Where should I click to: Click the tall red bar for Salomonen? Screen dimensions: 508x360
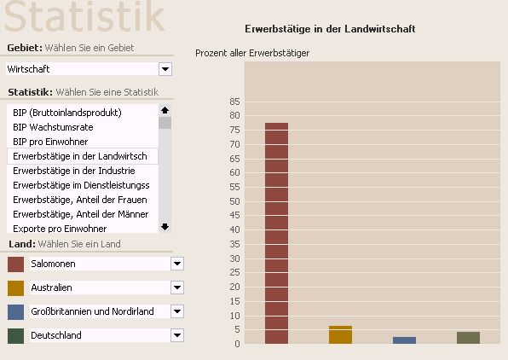coord(276,233)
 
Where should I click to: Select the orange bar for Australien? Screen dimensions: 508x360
coord(340,334)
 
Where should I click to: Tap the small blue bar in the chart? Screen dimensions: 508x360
coord(404,340)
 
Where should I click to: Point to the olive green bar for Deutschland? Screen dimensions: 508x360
coord(468,338)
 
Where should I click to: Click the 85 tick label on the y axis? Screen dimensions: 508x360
coord(234,102)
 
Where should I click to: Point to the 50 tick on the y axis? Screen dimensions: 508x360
coord(234,201)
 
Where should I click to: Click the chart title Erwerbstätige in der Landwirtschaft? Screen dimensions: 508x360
coord(330,29)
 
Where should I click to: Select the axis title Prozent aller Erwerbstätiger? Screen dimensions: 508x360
coord(252,53)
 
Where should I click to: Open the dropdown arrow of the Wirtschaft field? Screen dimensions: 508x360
coord(165,69)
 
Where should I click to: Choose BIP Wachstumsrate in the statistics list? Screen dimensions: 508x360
coord(53,127)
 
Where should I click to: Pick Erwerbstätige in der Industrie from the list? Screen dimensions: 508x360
coord(74,171)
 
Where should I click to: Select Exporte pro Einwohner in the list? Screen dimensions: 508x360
coord(60,229)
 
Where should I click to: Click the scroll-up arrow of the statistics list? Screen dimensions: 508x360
coord(165,110)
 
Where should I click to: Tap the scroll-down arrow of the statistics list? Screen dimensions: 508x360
coord(165,227)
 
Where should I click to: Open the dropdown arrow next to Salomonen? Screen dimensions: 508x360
coord(177,264)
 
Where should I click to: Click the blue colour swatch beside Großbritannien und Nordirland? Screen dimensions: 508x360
coord(15,312)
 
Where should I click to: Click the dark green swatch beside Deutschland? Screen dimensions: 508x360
coord(15,335)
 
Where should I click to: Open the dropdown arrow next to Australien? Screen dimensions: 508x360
coord(177,287)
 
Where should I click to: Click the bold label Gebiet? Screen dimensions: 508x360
coord(25,48)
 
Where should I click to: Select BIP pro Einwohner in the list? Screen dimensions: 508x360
coord(50,142)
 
